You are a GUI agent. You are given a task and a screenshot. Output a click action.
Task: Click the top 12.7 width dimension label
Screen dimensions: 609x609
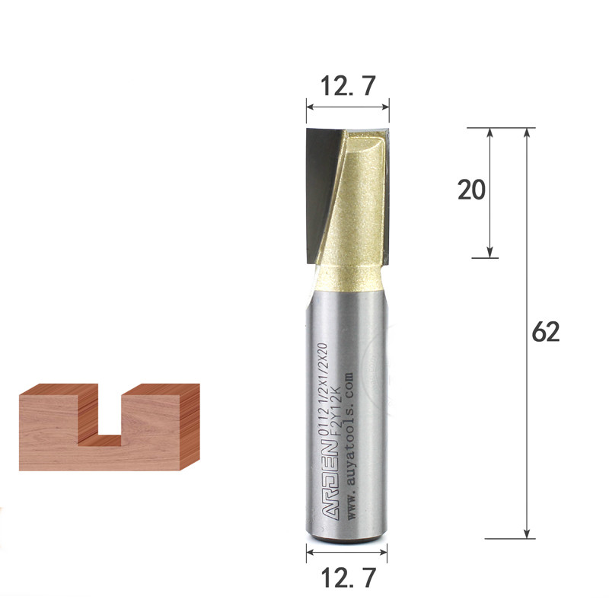click(348, 86)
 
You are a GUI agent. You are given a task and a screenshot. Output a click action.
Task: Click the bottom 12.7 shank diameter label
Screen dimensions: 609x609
click(349, 578)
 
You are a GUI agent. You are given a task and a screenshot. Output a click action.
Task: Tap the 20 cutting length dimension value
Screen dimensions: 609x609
click(471, 190)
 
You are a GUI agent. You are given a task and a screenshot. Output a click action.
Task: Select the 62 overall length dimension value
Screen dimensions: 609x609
click(546, 332)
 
